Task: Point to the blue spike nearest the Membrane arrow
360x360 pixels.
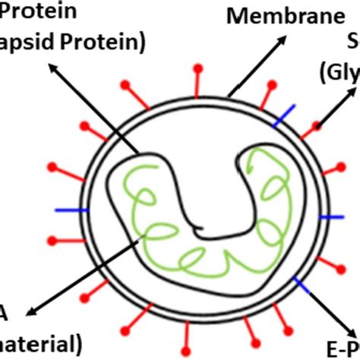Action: click(x=285, y=115)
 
